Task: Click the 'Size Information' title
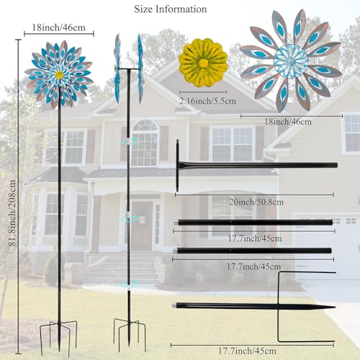(x=170, y=9)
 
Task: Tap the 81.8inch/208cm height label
(x=12, y=213)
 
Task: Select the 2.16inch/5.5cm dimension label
(x=207, y=101)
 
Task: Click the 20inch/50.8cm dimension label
(x=256, y=202)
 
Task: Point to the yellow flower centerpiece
(x=203, y=63)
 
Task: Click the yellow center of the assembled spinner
(x=59, y=75)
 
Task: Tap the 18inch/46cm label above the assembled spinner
(x=58, y=27)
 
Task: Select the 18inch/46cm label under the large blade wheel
(x=288, y=122)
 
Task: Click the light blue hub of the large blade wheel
(x=291, y=61)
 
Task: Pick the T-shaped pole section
(x=257, y=165)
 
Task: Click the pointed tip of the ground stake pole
(x=335, y=307)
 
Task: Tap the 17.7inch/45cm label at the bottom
(x=247, y=351)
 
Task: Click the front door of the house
(x=142, y=225)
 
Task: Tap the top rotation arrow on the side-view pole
(x=129, y=141)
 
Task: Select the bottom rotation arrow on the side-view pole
(x=129, y=284)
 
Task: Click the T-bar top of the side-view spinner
(x=129, y=69)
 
